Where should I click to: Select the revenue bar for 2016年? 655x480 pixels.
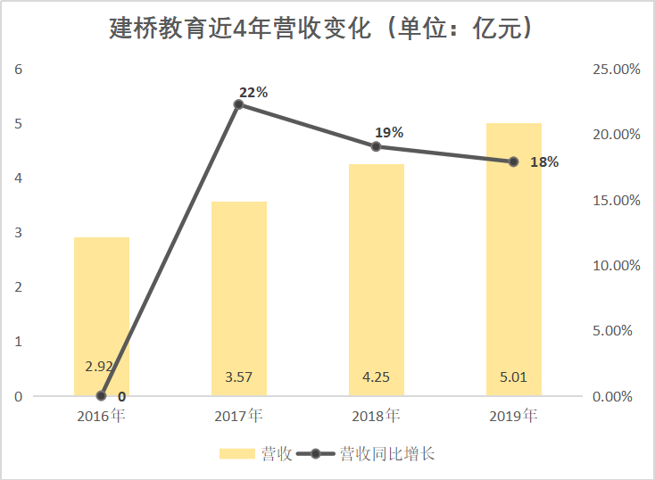[102, 303]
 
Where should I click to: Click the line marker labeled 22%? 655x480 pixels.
[238, 104]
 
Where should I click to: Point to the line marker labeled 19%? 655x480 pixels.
[377, 146]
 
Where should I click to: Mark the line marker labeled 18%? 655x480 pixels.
[514, 161]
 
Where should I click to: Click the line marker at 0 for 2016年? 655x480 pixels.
[101, 396]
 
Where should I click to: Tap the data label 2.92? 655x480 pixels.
[99, 367]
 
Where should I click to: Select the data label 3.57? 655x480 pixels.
[238, 377]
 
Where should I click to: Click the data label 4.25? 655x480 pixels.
[376, 377]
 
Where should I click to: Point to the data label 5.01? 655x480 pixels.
[513, 377]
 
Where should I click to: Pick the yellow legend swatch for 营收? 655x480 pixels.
[237, 454]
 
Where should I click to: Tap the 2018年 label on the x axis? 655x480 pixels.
[376, 416]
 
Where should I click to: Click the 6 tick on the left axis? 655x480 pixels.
[18, 70]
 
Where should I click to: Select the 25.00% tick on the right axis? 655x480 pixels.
[617, 70]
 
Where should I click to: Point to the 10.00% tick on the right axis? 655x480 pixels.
[617, 266]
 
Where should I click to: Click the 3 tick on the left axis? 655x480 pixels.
[18, 233]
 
